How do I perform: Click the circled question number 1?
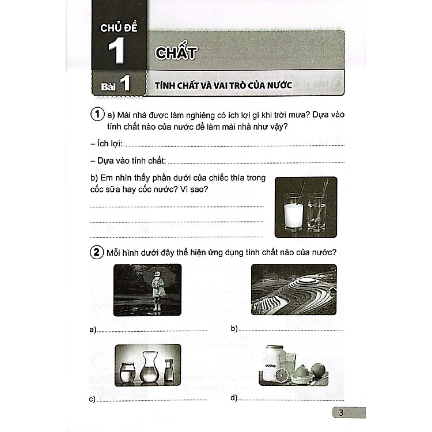coord(97,115)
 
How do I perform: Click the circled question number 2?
coord(97,252)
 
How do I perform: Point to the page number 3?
coord(341,412)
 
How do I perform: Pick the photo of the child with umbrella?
coord(147,289)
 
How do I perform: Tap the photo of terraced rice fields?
coord(294,289)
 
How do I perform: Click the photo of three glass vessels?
coord(147,367)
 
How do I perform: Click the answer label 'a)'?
coord(92,329)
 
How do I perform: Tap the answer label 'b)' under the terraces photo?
coord(234,329)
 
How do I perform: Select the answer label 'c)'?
coord(92,399)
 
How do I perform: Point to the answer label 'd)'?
coord(234,398)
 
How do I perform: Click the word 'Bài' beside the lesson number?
coord(108,87)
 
